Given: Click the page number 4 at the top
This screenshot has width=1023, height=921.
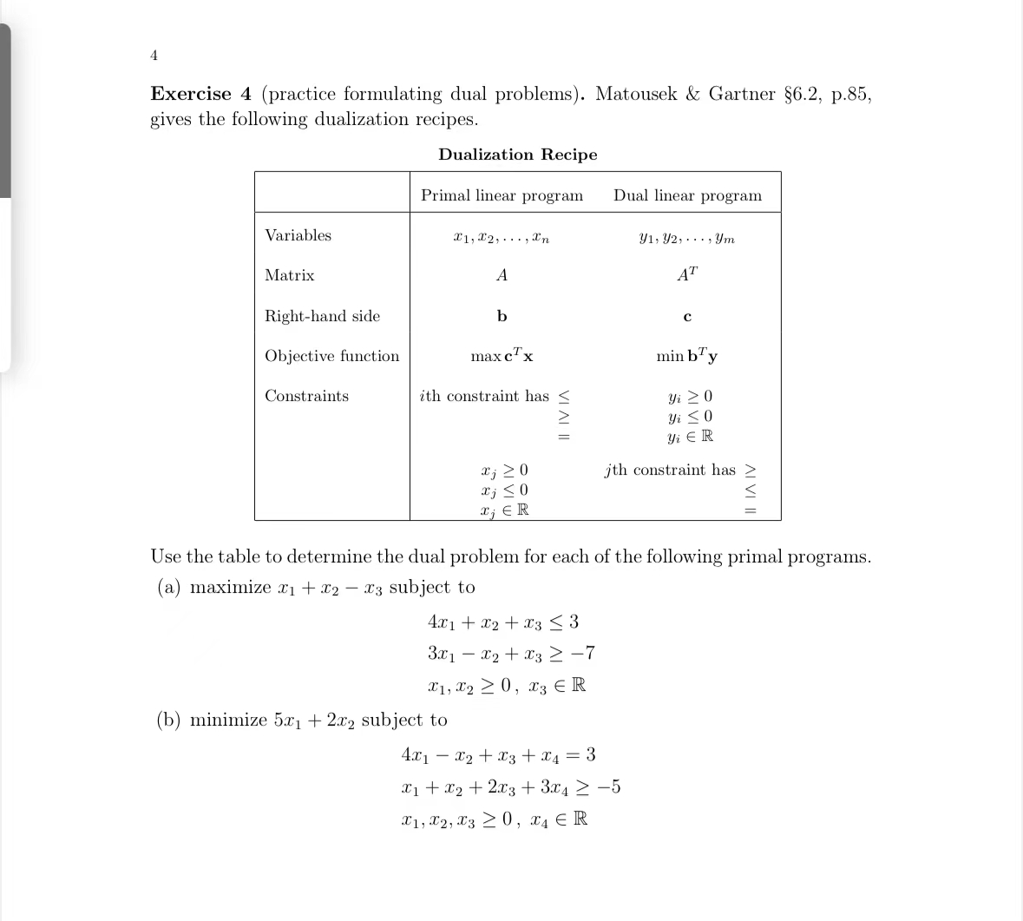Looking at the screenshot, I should (154, 56).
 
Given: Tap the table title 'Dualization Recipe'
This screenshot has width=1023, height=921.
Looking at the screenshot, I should (517, 155).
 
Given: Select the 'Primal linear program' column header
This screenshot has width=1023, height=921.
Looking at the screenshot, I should (502, 195).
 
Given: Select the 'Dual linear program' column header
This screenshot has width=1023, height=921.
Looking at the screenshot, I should (687, 195).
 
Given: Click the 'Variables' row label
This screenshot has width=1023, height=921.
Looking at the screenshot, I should (298, 235).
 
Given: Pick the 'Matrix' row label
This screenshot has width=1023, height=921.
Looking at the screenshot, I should (289, 275).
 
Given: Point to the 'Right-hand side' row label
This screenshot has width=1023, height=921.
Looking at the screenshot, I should (322, 316).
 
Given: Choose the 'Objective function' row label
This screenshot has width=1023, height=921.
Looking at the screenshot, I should (331, 356).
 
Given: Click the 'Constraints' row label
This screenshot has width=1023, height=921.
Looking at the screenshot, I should (306, 396).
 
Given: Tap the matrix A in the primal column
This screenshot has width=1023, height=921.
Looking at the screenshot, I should (502, 275).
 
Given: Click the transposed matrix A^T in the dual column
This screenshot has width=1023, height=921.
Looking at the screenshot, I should (686, 275).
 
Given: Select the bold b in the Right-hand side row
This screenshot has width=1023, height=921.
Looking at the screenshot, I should (502, 316).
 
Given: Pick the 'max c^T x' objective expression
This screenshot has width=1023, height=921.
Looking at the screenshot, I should (502, 356).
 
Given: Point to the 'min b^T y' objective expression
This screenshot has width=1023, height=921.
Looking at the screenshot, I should (686, 356).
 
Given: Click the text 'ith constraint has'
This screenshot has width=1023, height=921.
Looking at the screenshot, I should (484, 396).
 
